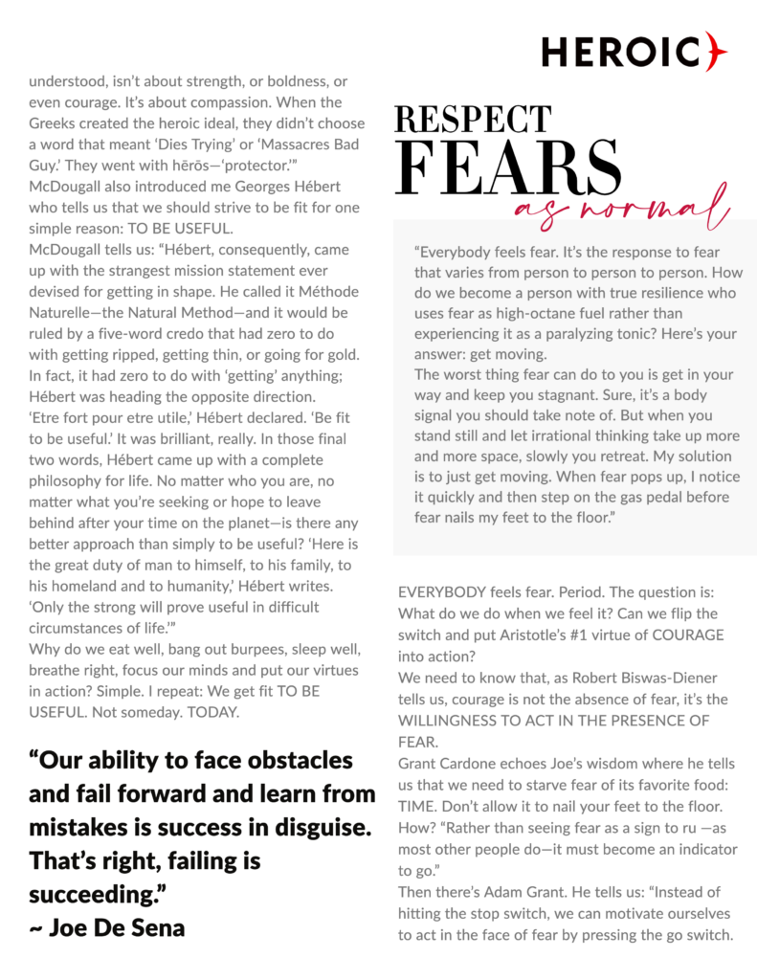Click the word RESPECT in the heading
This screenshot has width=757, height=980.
coord(473,121)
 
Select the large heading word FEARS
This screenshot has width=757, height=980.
coord(503,170)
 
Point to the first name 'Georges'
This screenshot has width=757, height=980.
coord(237,185)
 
